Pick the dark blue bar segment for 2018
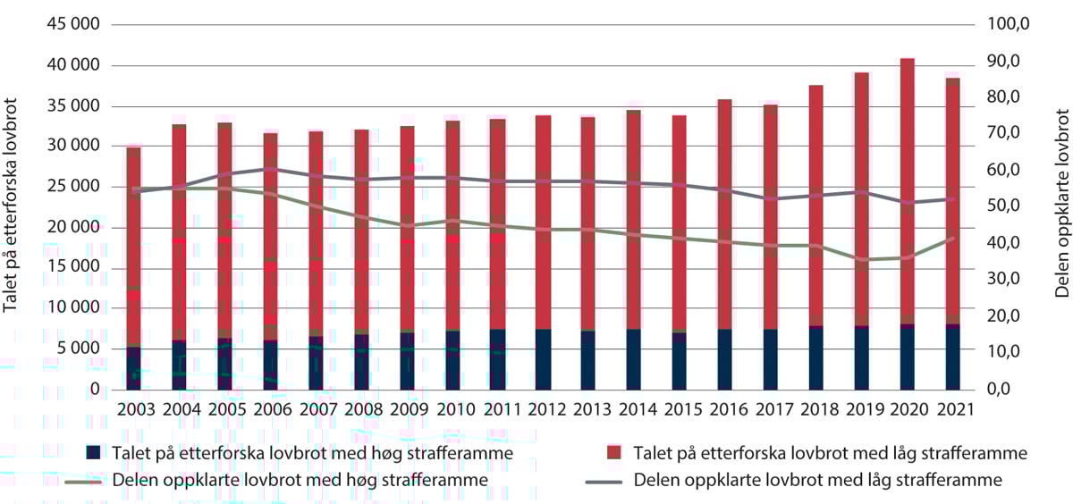(815, 358)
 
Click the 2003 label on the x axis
(134, 409)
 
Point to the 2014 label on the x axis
(634, 409)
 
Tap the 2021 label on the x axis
(952, 409)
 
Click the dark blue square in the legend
(92, 453)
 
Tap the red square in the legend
(613, 453)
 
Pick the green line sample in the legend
(85, 480)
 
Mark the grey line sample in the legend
(604, 480)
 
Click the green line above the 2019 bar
(862, 259)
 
